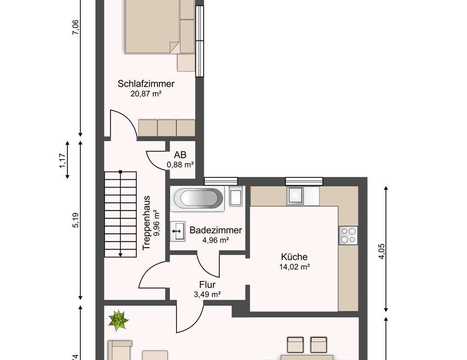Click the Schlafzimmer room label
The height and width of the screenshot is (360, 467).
146,84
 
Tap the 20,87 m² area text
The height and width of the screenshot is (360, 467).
146,94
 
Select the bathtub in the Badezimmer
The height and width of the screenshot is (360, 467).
197,199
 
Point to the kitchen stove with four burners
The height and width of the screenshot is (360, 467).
348,236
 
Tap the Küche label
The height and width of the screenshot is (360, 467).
294,257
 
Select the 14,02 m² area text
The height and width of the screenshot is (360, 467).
294,267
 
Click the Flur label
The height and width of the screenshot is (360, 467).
207,285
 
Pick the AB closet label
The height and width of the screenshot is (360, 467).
180,155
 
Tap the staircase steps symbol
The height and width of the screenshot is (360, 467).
120,214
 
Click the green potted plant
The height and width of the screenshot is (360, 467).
119,320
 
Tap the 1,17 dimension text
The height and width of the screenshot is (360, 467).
63,161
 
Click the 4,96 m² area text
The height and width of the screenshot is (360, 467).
216,240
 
